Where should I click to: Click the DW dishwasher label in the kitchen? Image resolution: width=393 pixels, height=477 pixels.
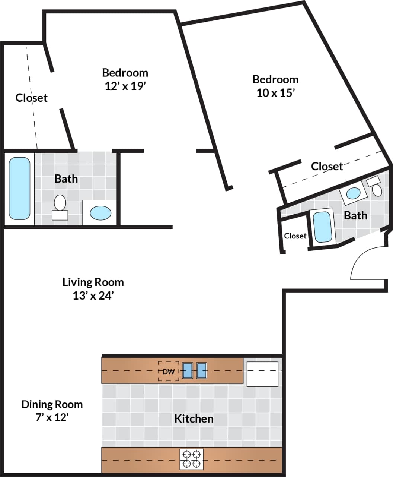168,372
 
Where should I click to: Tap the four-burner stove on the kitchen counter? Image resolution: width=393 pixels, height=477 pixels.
192,459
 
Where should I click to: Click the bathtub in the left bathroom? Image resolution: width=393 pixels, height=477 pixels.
19,188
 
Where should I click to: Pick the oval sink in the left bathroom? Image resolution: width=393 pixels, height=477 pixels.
100,213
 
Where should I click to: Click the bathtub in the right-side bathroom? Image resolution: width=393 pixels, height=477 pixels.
322,227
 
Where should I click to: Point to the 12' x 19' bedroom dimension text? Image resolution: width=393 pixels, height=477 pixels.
125,86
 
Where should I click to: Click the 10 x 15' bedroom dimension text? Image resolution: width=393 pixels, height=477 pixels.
275,93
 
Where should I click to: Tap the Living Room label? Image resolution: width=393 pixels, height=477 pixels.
93,282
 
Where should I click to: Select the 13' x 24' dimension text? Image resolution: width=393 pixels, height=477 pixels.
93,296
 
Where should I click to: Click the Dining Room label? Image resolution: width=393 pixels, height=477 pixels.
52,404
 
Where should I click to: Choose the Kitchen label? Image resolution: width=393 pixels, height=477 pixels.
194,419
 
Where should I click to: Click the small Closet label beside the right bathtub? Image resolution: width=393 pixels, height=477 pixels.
295,236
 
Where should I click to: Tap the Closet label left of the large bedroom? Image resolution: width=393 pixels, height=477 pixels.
32,98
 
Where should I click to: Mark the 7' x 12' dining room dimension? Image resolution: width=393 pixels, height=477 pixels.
52,417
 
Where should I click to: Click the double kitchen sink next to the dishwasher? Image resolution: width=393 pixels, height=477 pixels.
194,371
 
